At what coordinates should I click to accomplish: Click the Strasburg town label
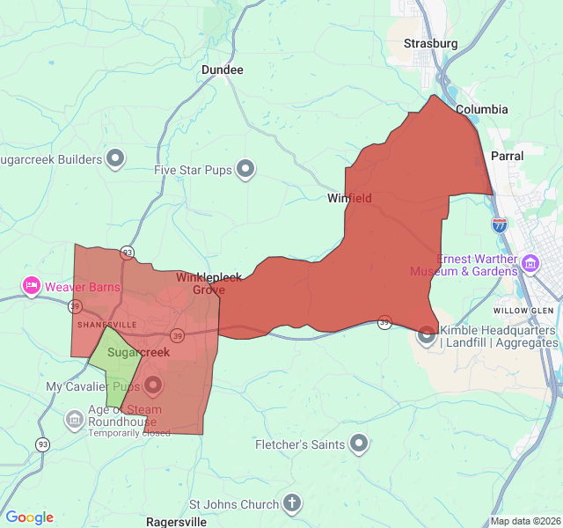click(430, 43)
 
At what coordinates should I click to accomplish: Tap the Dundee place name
click(222, 70)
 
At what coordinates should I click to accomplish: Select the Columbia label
click(481, 110)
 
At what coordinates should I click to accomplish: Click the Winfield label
click(349, 198)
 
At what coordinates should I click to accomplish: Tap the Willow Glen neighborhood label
click(523, 312)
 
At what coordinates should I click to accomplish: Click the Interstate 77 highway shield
click(500, 224)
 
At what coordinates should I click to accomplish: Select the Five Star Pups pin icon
click(245, 169)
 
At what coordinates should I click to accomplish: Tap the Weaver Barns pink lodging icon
click(32, 286)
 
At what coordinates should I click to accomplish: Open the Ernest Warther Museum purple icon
click(530, 263)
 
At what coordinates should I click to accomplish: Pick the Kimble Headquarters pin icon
click(427, 334)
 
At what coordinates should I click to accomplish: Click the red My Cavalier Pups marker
click(153, 385)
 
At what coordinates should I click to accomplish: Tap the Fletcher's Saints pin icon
click(359, 444)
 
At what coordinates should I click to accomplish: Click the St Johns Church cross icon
click(292, 504)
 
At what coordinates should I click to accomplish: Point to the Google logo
click(29, 517)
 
